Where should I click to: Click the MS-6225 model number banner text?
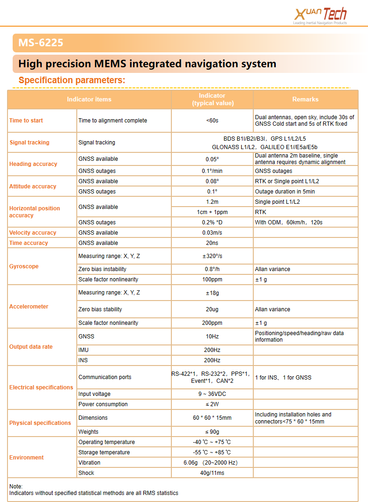tap(41, 43)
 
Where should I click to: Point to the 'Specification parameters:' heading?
tap(72, 80)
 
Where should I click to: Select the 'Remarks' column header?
tap(305, 99)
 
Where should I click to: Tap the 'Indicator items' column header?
tap(89, 99)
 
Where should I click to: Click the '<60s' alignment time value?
tap(212, 121)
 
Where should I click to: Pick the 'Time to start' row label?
tap(26, 121)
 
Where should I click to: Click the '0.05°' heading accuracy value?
tap(212, 159)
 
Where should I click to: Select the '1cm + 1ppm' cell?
tap(212, 212)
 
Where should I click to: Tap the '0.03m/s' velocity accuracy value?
tap(212, 233)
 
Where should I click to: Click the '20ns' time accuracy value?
tap(212, 243)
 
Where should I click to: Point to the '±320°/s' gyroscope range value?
tap(212, 256)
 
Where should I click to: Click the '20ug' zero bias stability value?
tap(212, 309)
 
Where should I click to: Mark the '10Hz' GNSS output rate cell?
tap(212, 337)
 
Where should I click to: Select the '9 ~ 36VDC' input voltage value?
tap(212, 394)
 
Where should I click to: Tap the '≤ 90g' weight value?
tap(212, 432)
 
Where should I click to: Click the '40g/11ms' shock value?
tap(212, 473)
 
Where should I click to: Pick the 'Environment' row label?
tap(26, 458)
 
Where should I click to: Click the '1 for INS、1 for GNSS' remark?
tap(283, 377)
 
